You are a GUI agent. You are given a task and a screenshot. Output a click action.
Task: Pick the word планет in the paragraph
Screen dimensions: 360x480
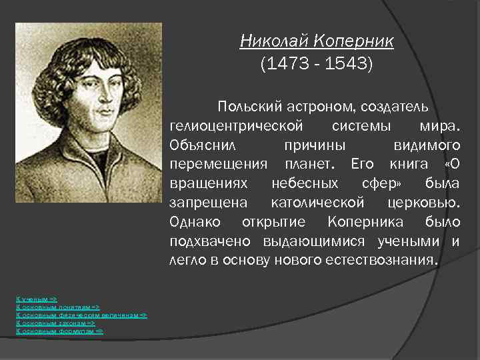308,164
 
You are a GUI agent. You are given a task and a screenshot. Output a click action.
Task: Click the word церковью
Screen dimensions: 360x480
424,202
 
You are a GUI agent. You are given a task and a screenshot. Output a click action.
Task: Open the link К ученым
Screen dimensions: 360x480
37,299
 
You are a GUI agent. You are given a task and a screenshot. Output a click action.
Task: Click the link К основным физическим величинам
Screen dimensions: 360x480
81,315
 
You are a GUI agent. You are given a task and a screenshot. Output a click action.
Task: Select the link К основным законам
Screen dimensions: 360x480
55,323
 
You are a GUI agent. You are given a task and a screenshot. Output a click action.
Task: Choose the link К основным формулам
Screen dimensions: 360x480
59,331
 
